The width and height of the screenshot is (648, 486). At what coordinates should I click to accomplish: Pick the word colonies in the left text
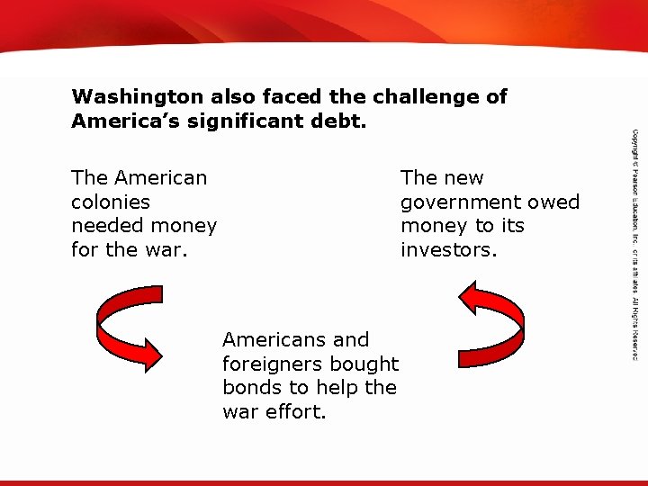111,202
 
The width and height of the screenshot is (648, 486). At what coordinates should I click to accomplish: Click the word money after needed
182,225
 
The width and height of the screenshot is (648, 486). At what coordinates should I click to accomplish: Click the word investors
448,249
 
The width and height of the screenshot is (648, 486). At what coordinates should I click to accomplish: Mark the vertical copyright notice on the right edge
634,243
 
